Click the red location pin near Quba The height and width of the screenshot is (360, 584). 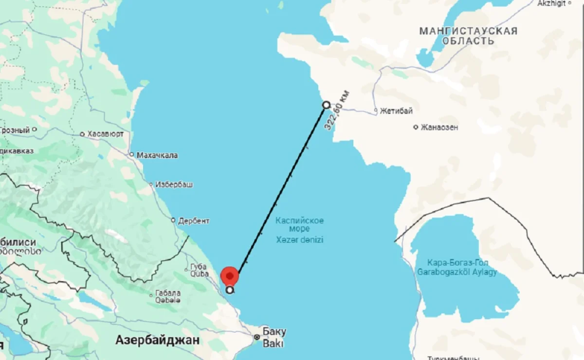pyautogui.click(x=230, y=276)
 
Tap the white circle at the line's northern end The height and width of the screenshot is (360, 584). pyautogui.click(x=327, y=105)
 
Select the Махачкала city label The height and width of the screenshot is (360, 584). pyautogui.click(x=157, y=155)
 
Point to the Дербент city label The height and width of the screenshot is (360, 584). pyautogui.click(x=194, y=220)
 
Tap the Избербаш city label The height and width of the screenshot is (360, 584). pyautogui.click(x=174, y=185)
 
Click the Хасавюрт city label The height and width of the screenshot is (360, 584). pyautogui.click(x=106, y=134)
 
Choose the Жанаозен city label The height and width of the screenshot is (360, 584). pyautogui.click(x=439, y=127)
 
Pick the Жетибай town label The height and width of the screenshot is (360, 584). pyautogui.click(x=396, y=111)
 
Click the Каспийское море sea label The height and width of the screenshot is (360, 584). pyautogui.click(x=299, y=225)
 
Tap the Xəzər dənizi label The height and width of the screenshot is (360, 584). pyautogui.click(x=299, y=240)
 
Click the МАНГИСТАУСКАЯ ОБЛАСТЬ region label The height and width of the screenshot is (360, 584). pyautogui.click(x=468, y=36)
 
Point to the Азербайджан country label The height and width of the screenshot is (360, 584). pyautogui.click(x=157, y=341)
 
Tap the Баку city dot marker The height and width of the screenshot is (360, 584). pyautogui.click(x=257, y=337)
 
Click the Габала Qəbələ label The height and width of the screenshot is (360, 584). pyautogui.click(x=168, y=297)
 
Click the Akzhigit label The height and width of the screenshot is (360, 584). pyautogui.click(x=551, y=3)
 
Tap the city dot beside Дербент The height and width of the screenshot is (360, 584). pyautogui.click(x=173, y=220)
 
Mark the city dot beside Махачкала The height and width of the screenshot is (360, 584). pyautogui.click(x=131, y=155)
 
